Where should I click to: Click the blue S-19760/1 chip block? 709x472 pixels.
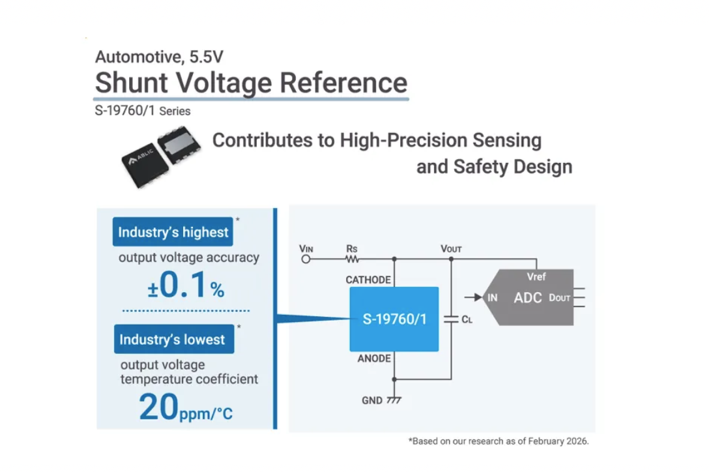click(394, 319)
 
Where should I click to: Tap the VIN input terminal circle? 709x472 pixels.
click(306, 259)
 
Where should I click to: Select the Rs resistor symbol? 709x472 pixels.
click(352, 259)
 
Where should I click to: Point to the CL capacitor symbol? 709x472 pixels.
click(451, 319)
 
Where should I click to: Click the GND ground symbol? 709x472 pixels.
click(394, 399)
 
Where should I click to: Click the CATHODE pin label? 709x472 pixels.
click(368, 280)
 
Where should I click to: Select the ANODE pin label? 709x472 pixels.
click(374, 359)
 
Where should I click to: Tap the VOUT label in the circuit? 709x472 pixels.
click(451, 248)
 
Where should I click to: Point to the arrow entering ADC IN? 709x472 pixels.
click(474, 297)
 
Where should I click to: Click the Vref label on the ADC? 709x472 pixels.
click(536, 277)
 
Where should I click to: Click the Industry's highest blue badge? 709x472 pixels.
click(173, 232)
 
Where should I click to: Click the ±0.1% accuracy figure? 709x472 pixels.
click(186, 286)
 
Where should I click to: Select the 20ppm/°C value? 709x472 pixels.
click(186, 409)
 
